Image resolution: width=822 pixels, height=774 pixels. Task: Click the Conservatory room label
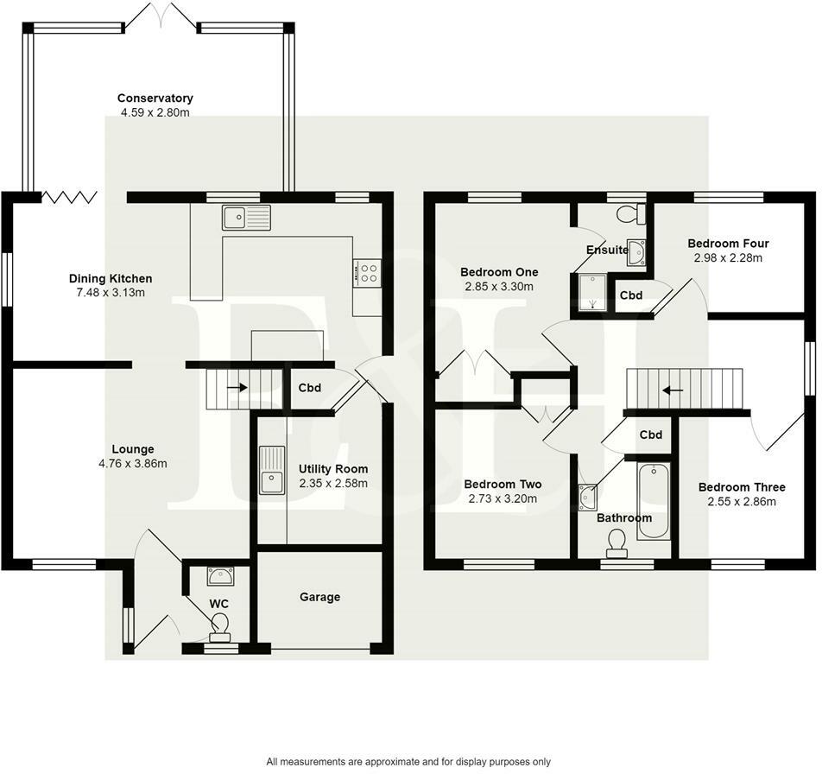point(155,98)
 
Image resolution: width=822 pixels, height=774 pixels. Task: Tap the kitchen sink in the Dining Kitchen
point(246,217)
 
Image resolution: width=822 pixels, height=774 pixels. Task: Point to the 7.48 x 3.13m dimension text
point(111,293)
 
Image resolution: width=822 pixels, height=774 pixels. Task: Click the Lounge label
point(133,449)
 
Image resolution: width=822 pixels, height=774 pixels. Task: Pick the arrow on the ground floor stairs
point(237,388)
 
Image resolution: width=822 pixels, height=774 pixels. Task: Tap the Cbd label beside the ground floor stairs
point(309,388)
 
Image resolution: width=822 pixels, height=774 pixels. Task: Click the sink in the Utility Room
point(272,470)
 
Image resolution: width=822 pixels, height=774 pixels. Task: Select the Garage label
point(319,597)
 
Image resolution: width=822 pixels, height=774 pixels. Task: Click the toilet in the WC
point(220,628)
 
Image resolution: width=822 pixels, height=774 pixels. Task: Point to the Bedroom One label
point(499,272)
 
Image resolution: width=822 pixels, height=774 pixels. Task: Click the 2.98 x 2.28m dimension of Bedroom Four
point(728,257)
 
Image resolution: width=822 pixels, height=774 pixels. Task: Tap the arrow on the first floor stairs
point(673,390)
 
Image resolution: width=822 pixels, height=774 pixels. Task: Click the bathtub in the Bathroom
point(654,501)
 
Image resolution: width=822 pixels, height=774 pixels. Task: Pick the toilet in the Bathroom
point(616,543)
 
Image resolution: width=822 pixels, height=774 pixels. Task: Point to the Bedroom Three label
point(742,487)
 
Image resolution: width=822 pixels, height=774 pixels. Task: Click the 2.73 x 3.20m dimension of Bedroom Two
point(503,498)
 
